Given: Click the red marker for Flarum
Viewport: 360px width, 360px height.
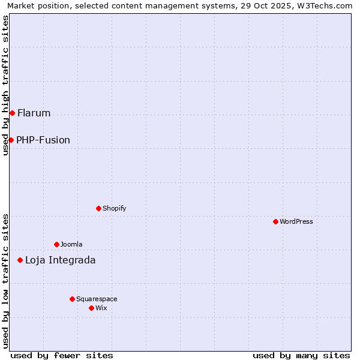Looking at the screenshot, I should [x=12, y=113].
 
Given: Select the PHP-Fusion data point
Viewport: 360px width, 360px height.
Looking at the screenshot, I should [x=11, y=140].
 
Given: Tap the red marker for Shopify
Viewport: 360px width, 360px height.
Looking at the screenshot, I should [x=98, y=208].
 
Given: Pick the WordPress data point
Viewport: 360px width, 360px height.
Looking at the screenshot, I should [x=275, y=221].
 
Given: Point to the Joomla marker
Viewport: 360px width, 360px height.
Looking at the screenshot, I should [x=56, y=244].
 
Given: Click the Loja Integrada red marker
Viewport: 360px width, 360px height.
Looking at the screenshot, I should [x=20, y=260].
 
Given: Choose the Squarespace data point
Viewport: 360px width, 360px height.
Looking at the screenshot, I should [x=72, y=299].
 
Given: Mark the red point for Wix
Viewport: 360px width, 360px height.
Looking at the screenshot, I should [x=91, y=308].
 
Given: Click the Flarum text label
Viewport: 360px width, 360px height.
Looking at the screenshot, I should [x=34, y=113].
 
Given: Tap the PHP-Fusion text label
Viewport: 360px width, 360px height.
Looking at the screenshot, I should [x=43, y=140].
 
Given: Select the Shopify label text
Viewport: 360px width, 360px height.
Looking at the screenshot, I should [x=114, y=208].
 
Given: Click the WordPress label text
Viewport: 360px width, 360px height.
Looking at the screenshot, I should [x=296, y=221].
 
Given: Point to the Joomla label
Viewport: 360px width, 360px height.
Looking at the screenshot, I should [x=71, y=244].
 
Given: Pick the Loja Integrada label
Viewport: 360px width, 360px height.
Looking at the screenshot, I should [x=60, y=260].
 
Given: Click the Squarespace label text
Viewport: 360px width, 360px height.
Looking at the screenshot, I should [x=97, y=299].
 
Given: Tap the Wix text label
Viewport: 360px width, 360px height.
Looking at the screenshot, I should [x=101, y=308].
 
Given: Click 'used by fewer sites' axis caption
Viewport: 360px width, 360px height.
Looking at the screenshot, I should [x=62, y=355].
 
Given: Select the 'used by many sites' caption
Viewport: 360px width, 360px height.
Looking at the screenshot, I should [x=301, y=355].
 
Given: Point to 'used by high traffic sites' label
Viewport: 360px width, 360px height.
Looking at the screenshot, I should [x=5, y=85].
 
